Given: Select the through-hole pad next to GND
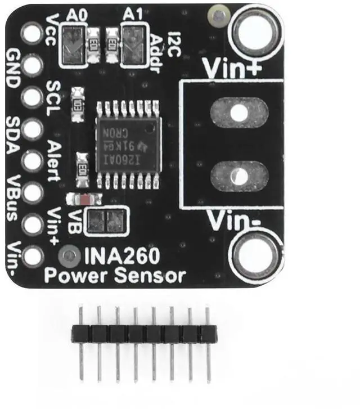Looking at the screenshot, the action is (32, 65).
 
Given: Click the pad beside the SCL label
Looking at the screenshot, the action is (32, 97).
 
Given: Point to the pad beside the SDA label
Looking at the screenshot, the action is (32, 129).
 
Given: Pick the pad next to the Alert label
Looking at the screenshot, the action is (32, 161).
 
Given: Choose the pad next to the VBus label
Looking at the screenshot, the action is (32, 193).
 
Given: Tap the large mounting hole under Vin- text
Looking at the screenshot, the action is (257, 257).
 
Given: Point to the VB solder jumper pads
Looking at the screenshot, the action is (107, 220).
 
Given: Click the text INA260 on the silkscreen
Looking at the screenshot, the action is (122, 257).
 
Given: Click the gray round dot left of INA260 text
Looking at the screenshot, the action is (69, 257).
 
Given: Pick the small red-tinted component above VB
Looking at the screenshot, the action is (84, 199).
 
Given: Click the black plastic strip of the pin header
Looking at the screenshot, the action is (143, 334).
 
